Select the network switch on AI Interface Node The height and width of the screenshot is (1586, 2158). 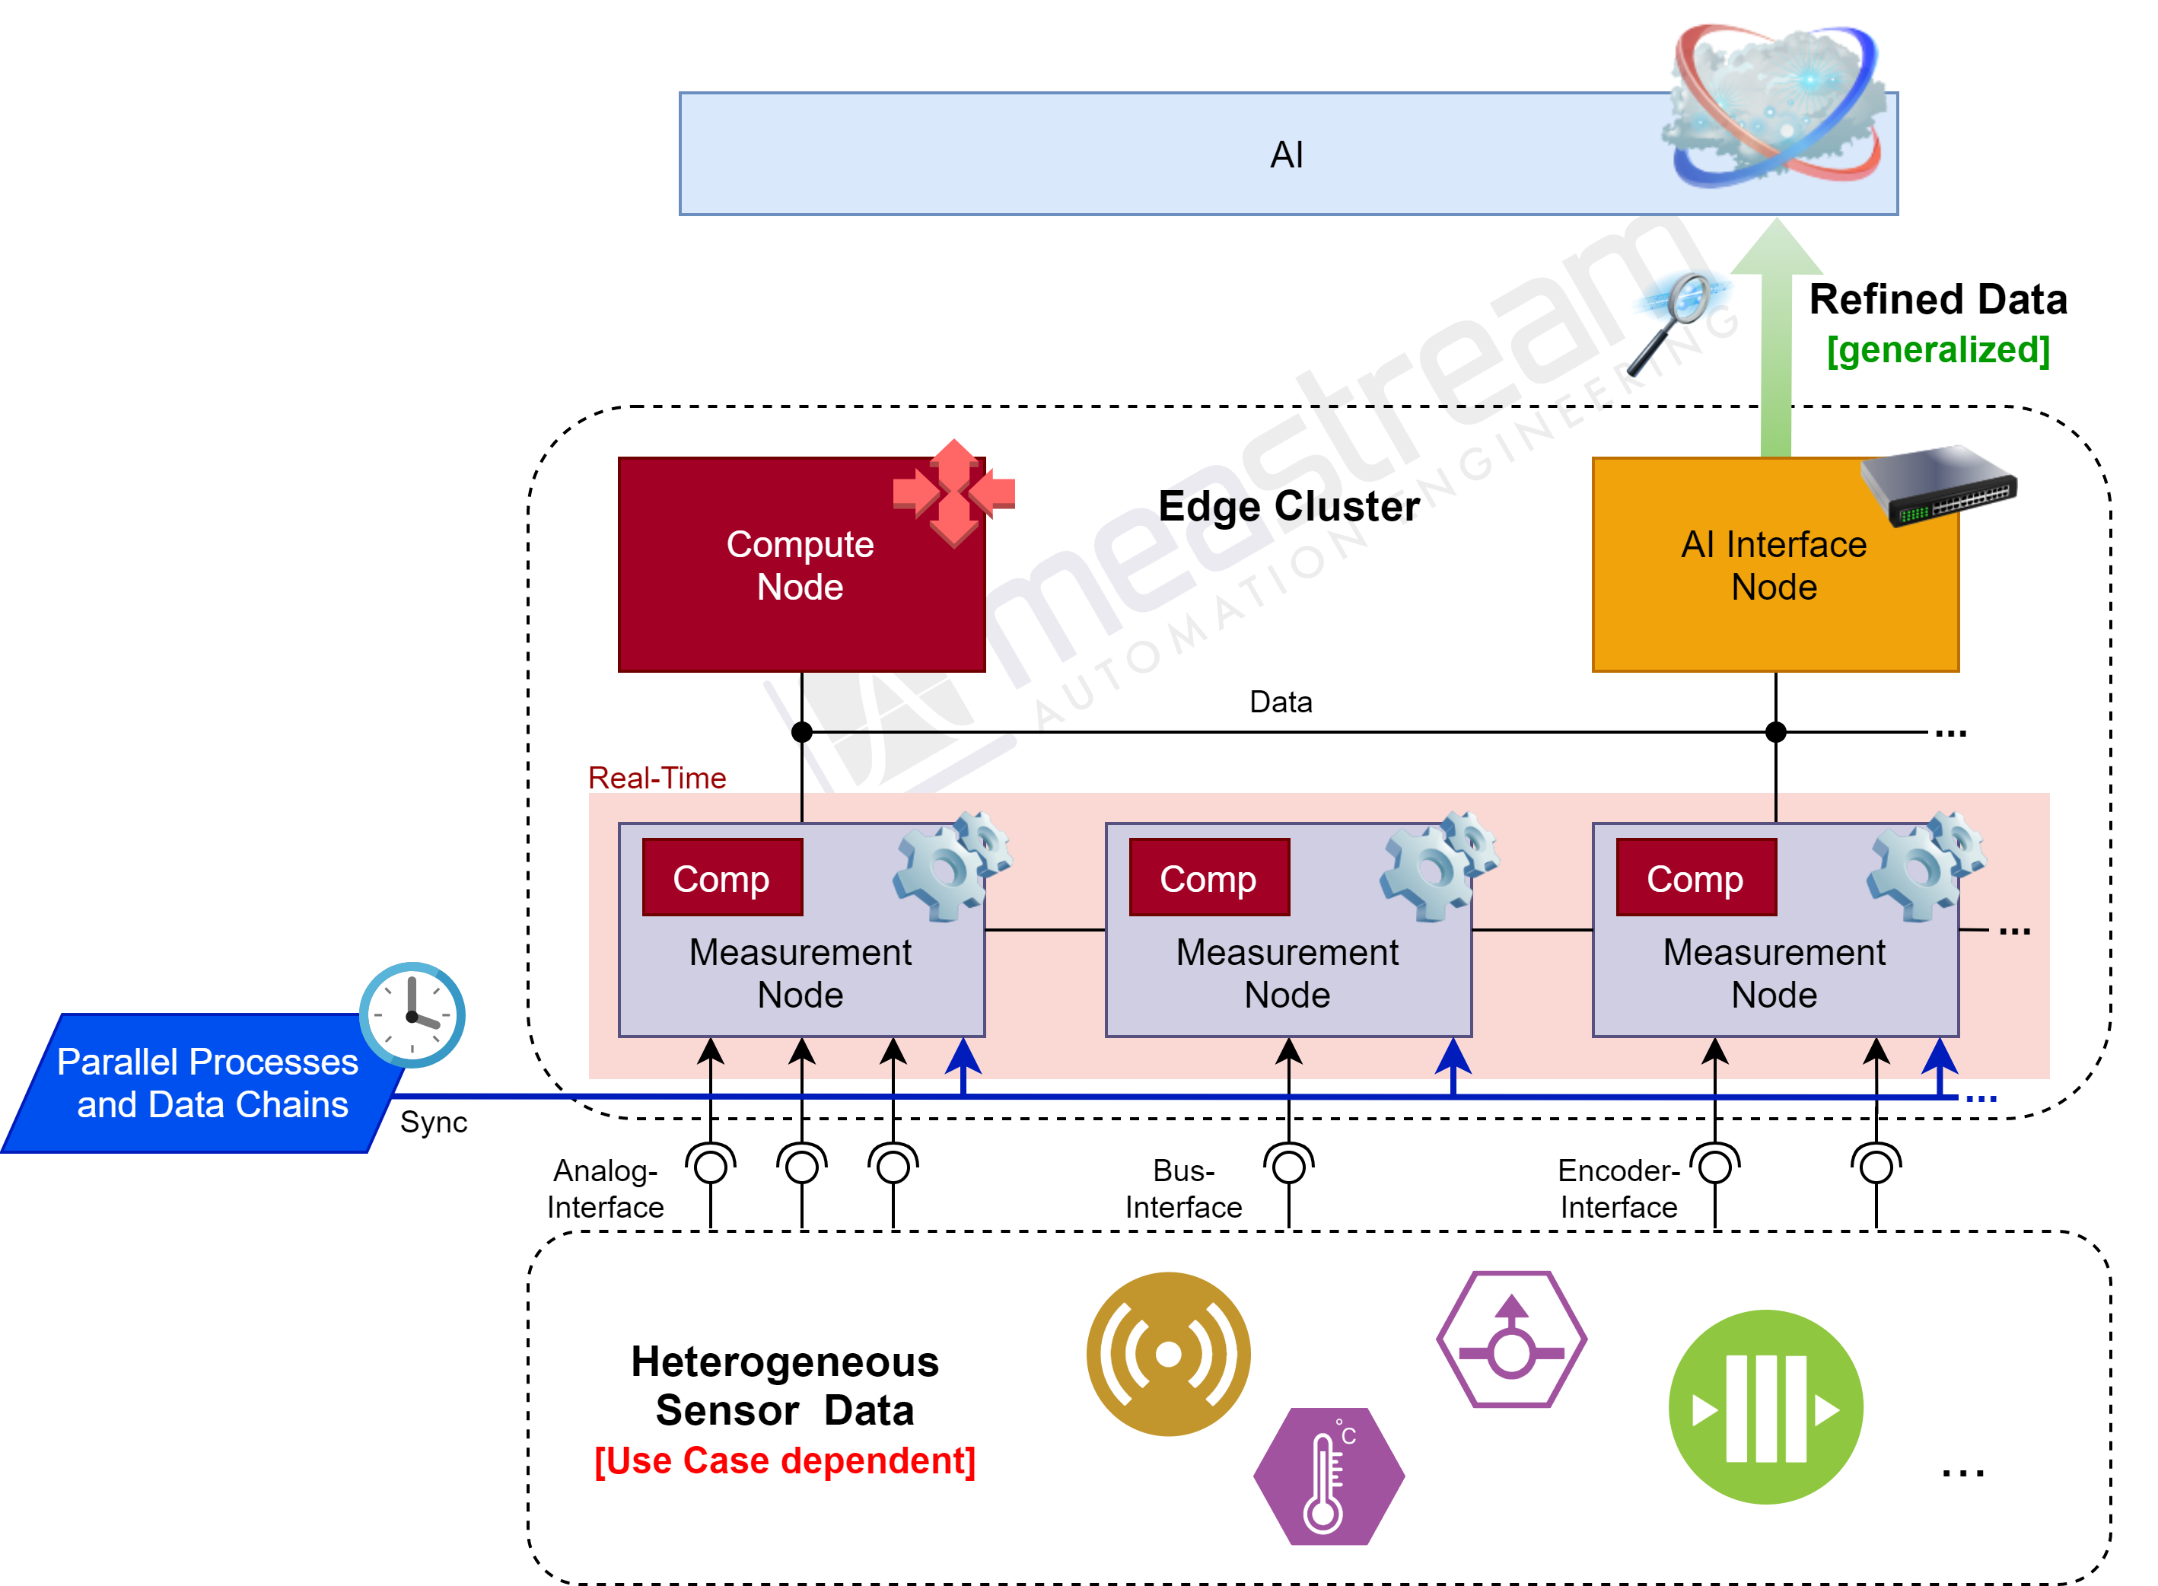coord(1938,484)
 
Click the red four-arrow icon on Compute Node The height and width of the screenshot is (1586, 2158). coord(953,492)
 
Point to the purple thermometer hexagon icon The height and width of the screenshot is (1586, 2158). coord(1328,1476)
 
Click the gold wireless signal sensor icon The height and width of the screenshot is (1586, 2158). coord(1167,1354)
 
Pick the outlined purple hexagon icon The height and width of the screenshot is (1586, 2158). coord(1511,1339)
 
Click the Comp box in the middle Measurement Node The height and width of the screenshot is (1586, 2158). coord(1208,878)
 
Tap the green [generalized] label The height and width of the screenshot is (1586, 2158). coord(1937,349)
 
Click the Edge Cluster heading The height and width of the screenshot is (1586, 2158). coord(1288,506)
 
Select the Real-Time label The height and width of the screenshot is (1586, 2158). coord(657,778)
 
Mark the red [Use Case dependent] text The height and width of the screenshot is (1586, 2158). coord(785,1460)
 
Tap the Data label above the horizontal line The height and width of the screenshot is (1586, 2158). coord(1280,702)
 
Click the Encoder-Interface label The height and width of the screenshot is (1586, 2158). coord(1618,1189)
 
